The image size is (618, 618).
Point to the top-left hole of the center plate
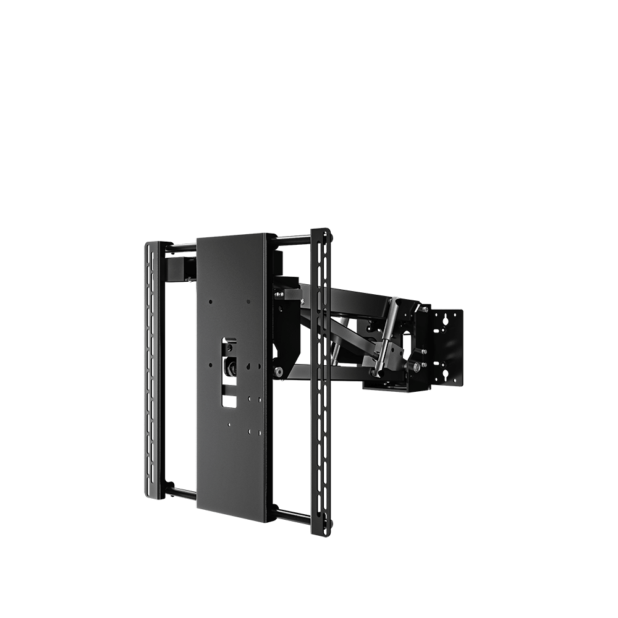point(211,302)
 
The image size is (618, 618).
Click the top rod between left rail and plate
point(179,246)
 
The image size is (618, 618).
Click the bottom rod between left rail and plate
point(179,493)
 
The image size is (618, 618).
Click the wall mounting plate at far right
point(447,346)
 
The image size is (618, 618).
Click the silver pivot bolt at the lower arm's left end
point(278,371)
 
